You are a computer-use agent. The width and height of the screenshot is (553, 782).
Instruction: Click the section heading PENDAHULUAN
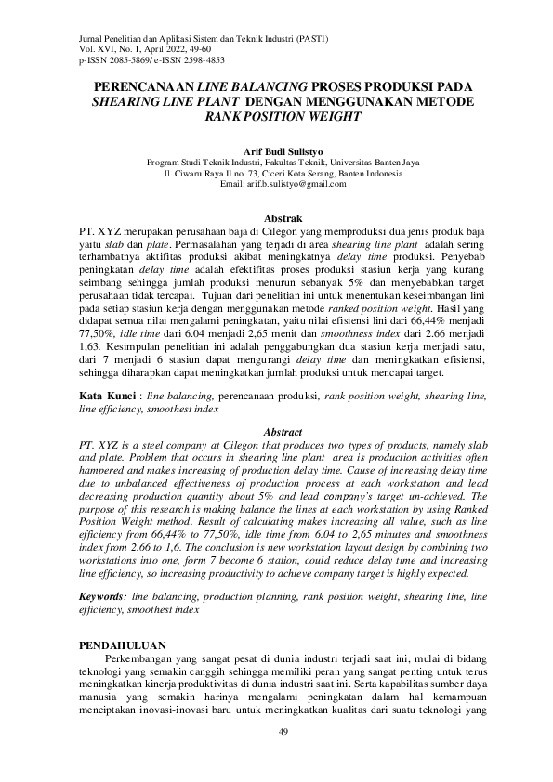(x=122, y=645)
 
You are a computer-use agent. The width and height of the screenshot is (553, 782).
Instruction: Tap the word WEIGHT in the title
(x=327, y=116)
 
